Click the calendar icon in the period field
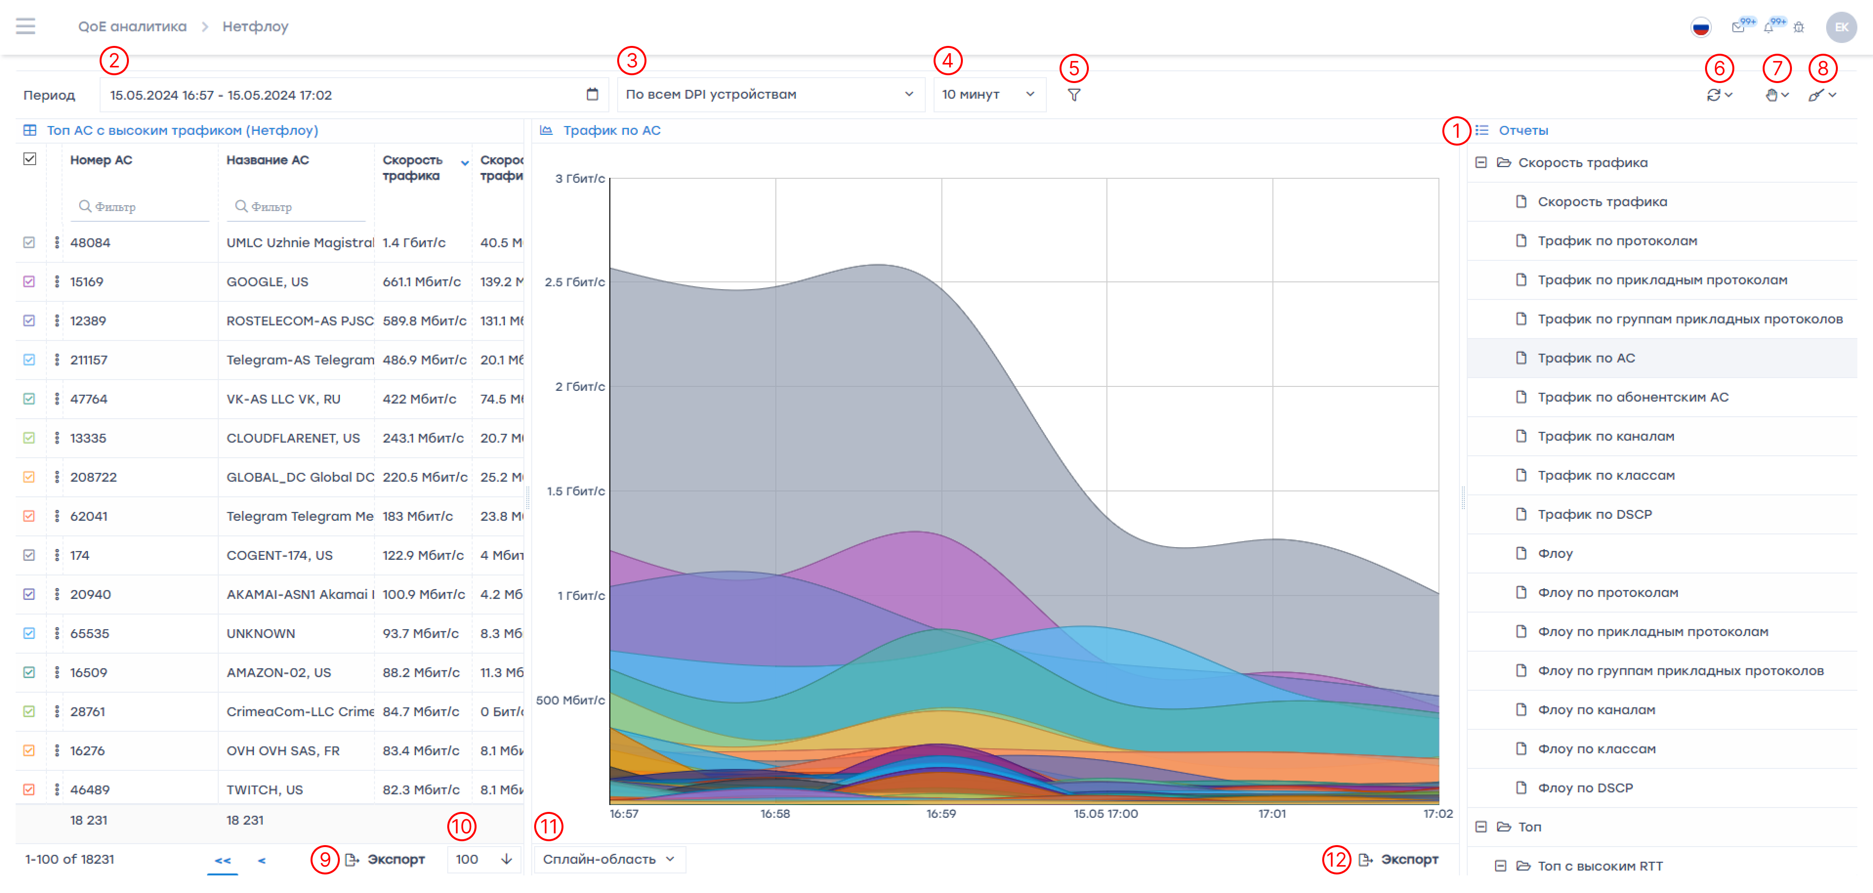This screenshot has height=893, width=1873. pyautogui.click(x=592, y=95)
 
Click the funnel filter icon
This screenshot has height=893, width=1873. pyautogui.click(x=1073, y=95)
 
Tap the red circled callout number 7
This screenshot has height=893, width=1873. pyautogui.click(x=1776, y=68)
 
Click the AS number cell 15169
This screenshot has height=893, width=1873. pyautogui.click(x=86, y=281)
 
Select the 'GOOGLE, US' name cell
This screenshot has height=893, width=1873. pyautogui.click(x=267, y=281)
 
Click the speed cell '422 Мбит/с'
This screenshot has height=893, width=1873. pyautogui.click(x=419, y=399)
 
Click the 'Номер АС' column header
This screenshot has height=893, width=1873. pyautogui.click(x=101, y=160)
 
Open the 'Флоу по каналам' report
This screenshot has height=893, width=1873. pyautogui.click(x=1596, y=710)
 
